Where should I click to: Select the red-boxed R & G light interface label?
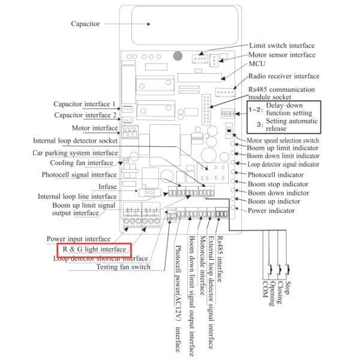point(95,248)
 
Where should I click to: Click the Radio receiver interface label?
point(283,76)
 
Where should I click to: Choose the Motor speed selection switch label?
point(282,141)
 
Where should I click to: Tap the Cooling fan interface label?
point(89,163)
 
